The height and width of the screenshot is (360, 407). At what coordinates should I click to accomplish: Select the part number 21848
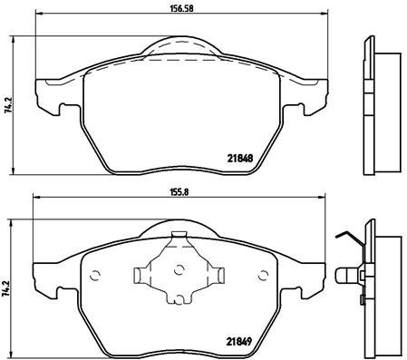click(x=238, y=156)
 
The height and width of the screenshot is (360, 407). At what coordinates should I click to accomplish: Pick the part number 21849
click(x=238, y=342)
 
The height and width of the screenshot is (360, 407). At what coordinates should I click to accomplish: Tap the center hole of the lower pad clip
click(x=179, y=268)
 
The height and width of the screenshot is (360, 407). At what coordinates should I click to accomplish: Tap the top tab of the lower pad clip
click(x=179, y=238)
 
